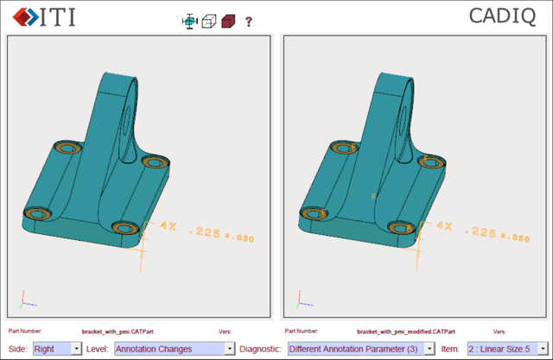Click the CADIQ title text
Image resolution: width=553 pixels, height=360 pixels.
point(507,16)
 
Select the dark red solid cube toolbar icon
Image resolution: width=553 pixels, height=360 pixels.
point(227,22)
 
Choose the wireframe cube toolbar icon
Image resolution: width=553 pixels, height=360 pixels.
point(208,22)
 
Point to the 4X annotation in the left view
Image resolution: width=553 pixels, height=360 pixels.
point(168,225)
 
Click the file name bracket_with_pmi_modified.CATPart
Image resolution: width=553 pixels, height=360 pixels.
point(406,332)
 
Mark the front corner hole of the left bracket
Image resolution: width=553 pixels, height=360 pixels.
point(126,228)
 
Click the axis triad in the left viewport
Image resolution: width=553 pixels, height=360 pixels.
point(28,299)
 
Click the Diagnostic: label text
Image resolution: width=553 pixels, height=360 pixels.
point(260,349)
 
